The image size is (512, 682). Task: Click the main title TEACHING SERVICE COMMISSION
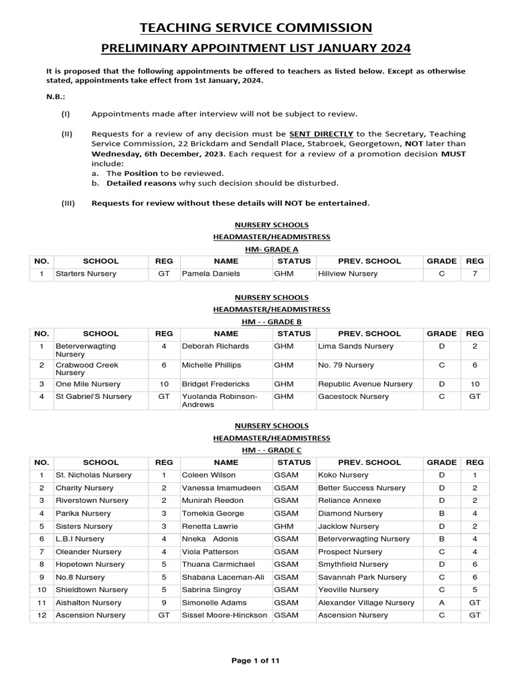[255, 27]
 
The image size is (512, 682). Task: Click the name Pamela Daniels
[209, 274]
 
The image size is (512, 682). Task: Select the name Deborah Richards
[215, 346]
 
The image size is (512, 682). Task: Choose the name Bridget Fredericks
[217, 384]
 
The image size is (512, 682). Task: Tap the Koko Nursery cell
[343, 475]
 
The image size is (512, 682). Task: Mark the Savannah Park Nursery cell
[362, 577]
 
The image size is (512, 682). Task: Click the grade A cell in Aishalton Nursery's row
[441, 603]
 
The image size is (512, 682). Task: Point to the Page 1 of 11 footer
[255, 661]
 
